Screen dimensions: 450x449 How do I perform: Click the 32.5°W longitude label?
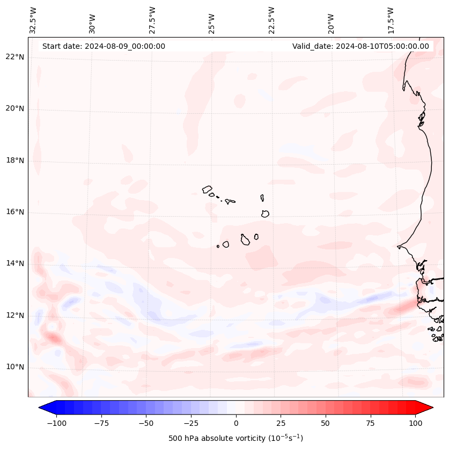tap(33, 20)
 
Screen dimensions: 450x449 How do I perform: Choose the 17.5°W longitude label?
tap(391, 20)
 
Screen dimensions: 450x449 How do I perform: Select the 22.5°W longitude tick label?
tap(271, 20)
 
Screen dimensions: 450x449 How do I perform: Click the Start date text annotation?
tap(104, 46)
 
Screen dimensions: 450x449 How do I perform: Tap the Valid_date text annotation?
tap(360, 46)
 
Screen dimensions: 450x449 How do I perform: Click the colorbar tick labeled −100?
tap(56, 423)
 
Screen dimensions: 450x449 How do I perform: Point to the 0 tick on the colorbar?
tap(236, 423)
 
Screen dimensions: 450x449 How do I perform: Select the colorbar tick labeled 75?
tap(371, 423)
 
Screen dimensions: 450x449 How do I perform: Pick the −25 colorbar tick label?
tap(191, 423)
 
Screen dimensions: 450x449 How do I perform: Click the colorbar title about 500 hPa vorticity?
tap(235, 438)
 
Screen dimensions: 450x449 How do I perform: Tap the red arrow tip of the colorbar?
tap(428, 408)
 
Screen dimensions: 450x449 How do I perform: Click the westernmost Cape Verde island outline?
tap(207, 189)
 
